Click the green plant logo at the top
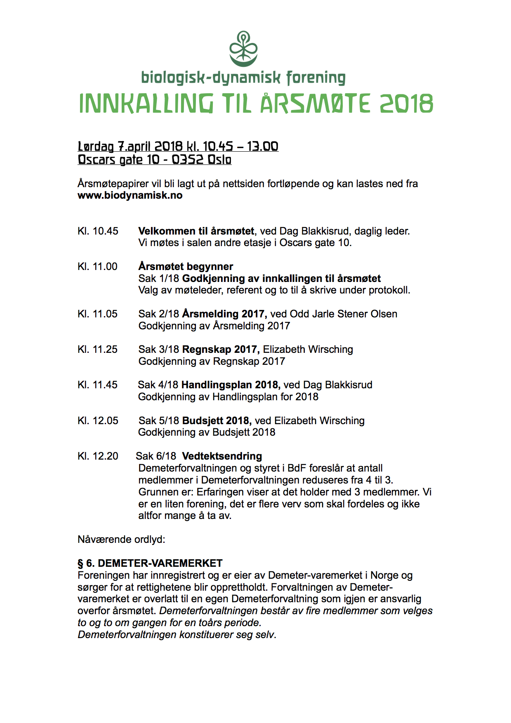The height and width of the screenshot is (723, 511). pyautogui.click(x=243, y=49)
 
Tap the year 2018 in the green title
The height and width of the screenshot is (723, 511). pyautogui.click(x=406, y=104)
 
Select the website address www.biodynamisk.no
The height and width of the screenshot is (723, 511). pyautogui.click(x=130, y=195)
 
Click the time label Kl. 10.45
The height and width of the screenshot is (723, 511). pyautogui.click(x=98, y=231)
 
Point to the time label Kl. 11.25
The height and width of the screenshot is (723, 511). pyautogui.click(x=98, y=350)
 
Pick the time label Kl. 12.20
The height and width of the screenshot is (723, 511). pyautogui.click(x=98, y=456)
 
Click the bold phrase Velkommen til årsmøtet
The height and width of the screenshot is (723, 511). pyautogui.click(x=196, y=231)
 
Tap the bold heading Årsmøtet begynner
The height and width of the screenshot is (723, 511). pyautogui.click(x=186, y=267)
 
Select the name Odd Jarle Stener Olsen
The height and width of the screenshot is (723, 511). pyautogui.click(x=344, y=314)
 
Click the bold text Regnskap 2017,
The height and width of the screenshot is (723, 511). pyautogui.click(x=221, y=350)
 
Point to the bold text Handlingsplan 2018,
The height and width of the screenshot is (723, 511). pyautogui.click(x=231, y=385)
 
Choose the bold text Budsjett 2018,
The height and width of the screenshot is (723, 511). pyautogui.click(x=217, y=421)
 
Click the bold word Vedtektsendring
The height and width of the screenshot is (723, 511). pyautogui.click(x=222, y=456)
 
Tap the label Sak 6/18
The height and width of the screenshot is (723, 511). pyautogui.click(x=156, y=456)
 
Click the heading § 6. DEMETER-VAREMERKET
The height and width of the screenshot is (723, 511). pyautogui.click(x=150, y=563)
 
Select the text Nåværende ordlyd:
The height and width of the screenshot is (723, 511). pyautogui.click(x=121, y=540)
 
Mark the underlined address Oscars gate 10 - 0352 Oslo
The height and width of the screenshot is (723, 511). pyautogui.click(x=154, y=160)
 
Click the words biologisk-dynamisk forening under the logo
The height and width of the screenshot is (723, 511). pyautogui.click(x=243, y=78)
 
